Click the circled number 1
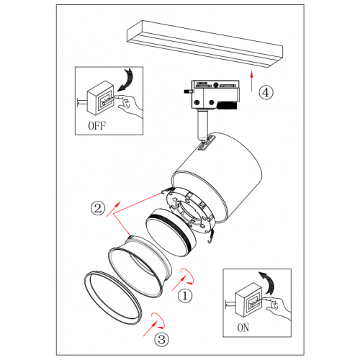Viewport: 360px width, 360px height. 185,296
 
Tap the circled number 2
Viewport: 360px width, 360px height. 98,208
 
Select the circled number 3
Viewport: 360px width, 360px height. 161,339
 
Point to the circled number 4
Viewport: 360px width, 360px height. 266,92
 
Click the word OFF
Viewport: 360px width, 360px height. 96,125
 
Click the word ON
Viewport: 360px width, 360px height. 243,328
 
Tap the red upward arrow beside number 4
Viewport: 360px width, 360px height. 251,81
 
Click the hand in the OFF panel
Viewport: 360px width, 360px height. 127,106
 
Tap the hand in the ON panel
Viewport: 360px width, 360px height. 276,307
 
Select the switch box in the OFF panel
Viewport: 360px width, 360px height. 100,98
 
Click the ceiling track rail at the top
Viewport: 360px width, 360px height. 204,44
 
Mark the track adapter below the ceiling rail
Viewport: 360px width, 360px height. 212,95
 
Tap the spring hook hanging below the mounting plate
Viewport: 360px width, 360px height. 210,236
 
